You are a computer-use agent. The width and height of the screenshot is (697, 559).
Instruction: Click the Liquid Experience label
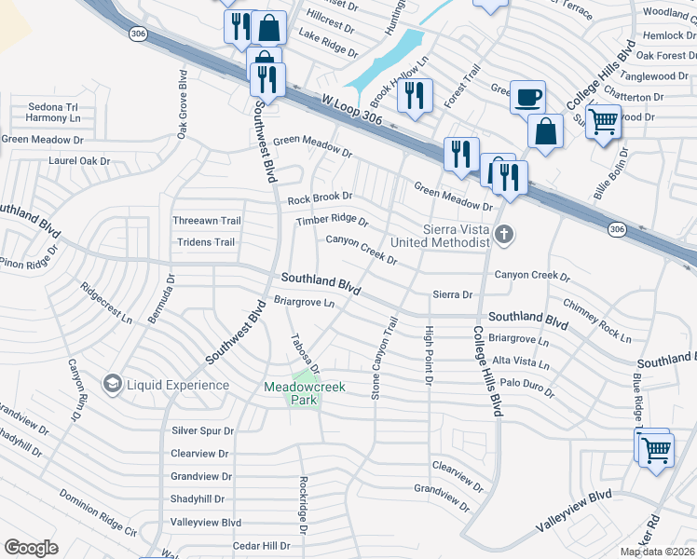(178, 385)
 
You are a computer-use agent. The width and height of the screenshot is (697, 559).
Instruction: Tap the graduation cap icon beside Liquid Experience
(113, 384)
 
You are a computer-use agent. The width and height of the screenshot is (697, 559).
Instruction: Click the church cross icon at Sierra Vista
(504, 235)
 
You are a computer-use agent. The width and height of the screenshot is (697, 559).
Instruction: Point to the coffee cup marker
(527, 96)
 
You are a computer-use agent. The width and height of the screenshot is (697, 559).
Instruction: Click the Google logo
(31, 548)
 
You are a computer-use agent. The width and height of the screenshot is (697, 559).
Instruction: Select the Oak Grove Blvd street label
(182, 104)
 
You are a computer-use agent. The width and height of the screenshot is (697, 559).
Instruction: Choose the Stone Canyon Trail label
(383, 359)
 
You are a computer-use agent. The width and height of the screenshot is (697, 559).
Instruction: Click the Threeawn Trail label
(207, 221)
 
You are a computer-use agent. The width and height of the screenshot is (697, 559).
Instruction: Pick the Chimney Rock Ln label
(597, 318)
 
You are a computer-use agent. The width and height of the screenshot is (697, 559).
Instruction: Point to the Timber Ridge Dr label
(333, 221)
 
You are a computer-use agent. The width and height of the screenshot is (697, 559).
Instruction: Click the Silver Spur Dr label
(202, 430)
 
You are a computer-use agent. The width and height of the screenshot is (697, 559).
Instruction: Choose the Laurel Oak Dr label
(79, 160)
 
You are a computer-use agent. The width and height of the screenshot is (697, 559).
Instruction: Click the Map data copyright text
(657, 552)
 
